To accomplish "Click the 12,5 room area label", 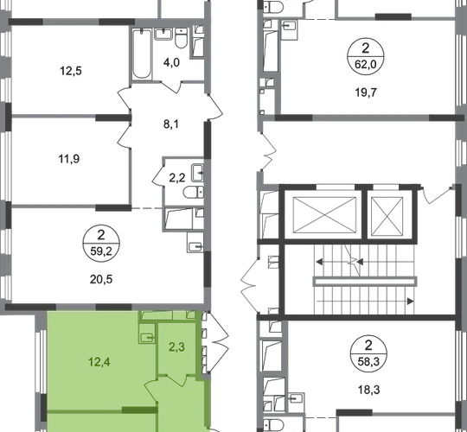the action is pyautogui.click(x=71, y=71).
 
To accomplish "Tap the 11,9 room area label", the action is pyautogui.click(x=69, y=159).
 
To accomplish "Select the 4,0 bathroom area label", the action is pyautogui.click(x=171, y=62).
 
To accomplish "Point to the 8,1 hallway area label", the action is pyautogui.click(x=171, y=124).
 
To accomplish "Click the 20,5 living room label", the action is pyautogui.click(x=101, y=279).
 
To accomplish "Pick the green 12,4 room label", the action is pyautogui.click(x=99, y=362).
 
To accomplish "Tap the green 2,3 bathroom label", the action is pyautogui.click(x=176, y=347).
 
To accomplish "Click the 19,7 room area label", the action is pyautogui.click(x=366, y=92).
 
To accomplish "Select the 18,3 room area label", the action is pyautogui.click(x=368, y=390).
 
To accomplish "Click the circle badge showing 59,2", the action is pyautogui.click(x=101, y=244).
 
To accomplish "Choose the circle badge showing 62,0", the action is pyautogui.click(x=366, y=56).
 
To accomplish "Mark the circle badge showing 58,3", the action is pyautogui.click(x=368, y=353).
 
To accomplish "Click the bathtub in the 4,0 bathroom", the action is pyautogui.click(x=142, y=54).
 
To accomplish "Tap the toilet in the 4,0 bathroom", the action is pyautogui.click(x=181, y=38).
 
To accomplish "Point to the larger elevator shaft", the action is pyautogui.click(x=324, y=215).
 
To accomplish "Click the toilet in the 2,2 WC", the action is pyautogui.click(x=194, y=192).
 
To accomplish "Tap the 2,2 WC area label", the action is pyautogui.click(x=177, y=178).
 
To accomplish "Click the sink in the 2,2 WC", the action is pyautogui.click(x=197, y=173).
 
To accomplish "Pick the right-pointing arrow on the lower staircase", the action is pyautogui.click(x=410, y=302).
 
